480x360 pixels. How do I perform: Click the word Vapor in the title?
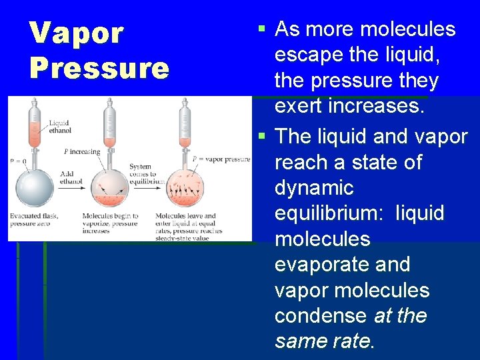coord(77,33)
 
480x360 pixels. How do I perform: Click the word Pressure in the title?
coord(99,68)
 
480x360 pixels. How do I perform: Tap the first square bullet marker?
coord(262,29)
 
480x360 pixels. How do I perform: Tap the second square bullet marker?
coord(262,137)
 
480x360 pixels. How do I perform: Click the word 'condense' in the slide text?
coord(321,316)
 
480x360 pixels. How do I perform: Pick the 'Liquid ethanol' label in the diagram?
coord(59,127)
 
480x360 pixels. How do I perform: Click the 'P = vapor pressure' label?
coord(221,159)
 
